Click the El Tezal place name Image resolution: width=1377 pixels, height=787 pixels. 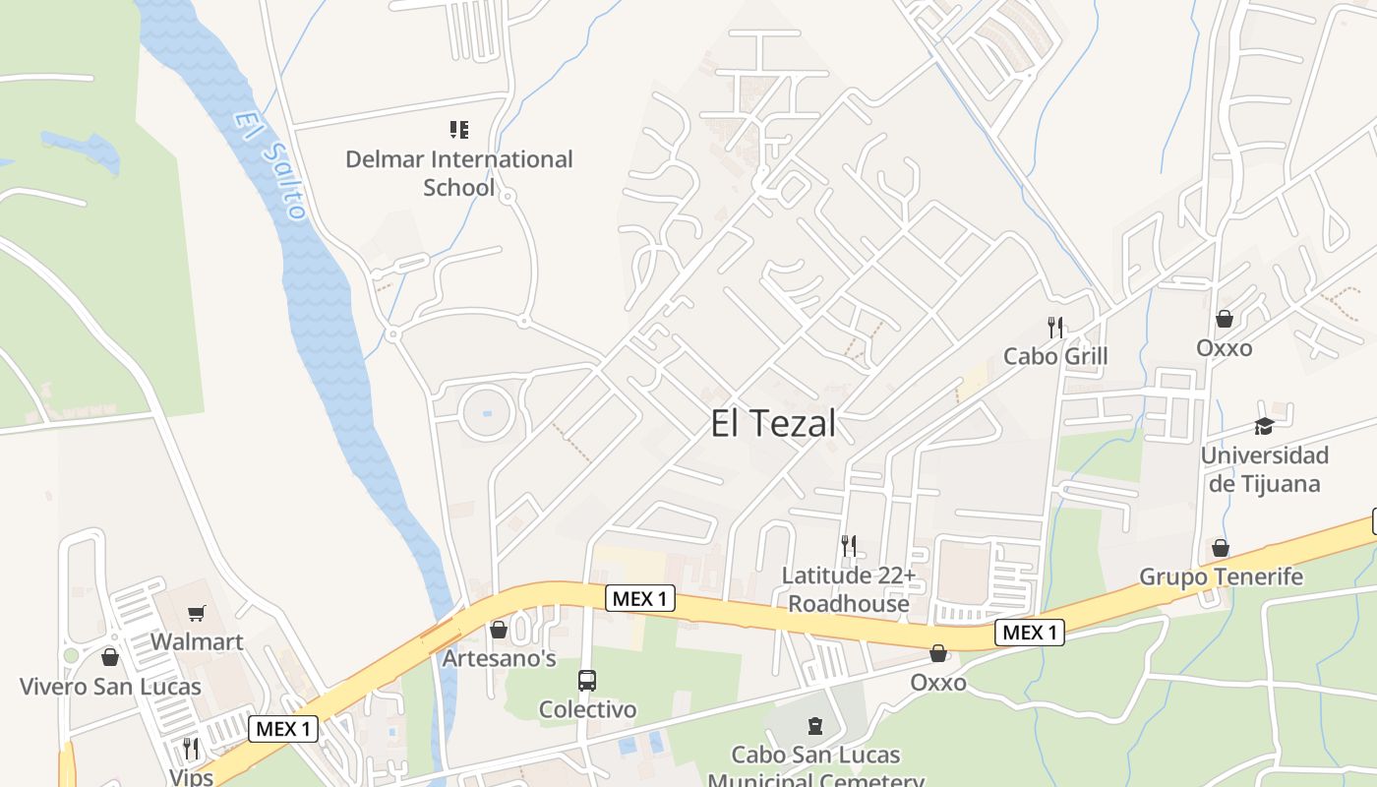(773, 424)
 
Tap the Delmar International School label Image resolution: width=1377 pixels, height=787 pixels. (458, 172)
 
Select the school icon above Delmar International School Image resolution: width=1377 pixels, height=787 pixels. (458, 130)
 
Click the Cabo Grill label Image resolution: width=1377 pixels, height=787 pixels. (1055, 356)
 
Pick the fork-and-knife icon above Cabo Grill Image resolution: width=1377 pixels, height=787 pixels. (1055, 327)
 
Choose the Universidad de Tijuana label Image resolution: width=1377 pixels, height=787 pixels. (1264, 469)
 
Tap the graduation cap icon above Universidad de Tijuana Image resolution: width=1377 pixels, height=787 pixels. (1264, 426)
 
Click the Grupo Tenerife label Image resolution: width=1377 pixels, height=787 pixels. (1221, 576)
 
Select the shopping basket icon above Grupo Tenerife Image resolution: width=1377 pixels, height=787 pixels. (1221, 548)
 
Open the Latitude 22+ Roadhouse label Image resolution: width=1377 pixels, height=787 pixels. (849, 588)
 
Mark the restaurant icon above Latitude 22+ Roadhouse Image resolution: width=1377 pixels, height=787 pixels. (849, 545)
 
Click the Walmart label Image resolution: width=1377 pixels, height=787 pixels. (197, 642)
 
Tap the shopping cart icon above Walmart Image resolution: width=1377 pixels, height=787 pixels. (197, 614)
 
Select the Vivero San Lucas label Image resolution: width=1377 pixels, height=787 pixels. (110, 687)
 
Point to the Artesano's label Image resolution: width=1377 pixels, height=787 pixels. (499, 658)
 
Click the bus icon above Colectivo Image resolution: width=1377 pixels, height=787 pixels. (587, 680)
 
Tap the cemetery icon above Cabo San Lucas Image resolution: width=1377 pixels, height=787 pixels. (814, 726)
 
